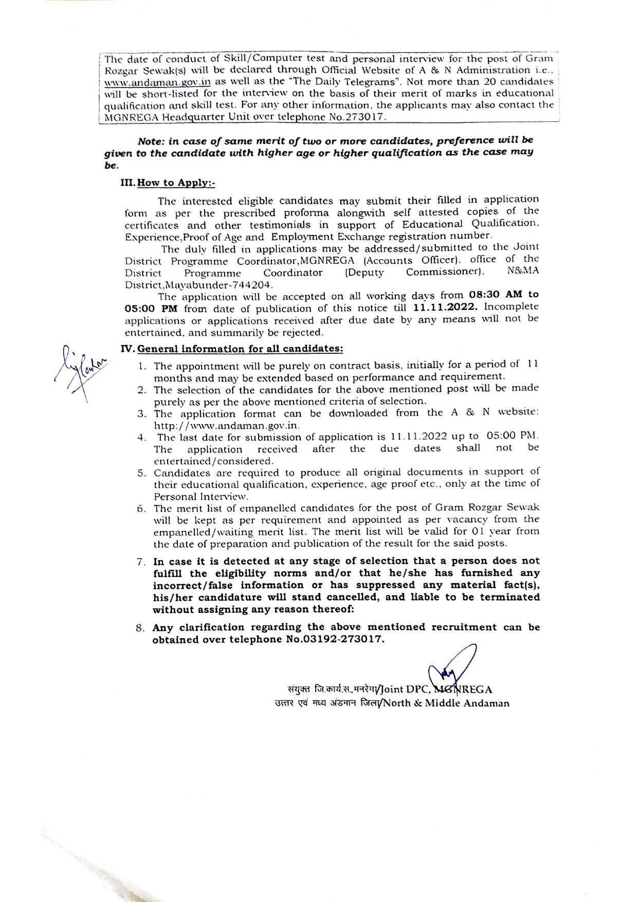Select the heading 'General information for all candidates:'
coord(240,349)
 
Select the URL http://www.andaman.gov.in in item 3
coord(227,426)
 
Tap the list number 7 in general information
coord(140,562)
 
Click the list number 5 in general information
coord(140,473)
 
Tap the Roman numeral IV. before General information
coord(127,349)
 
